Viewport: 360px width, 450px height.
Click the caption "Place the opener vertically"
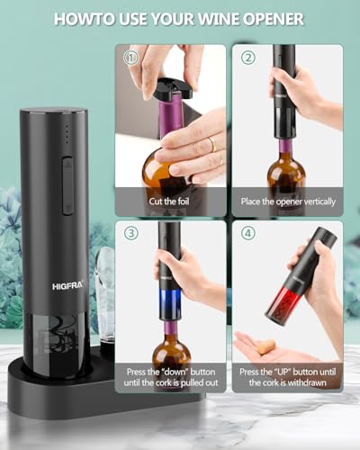click(x=287, y=202)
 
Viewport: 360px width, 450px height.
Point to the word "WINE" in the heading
click(x=210, y=19)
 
